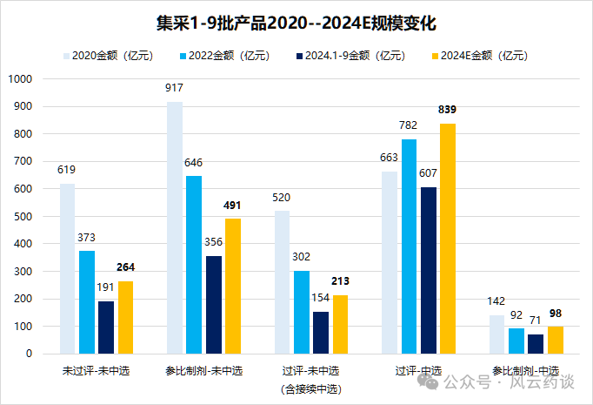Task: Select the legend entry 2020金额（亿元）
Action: [109, 56]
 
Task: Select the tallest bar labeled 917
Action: [175, 227]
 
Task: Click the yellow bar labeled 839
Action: [448, 239]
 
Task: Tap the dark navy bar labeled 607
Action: [428, 270]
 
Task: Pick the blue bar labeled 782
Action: [409, 246]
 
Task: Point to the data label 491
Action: [233, 206]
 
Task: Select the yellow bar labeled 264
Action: [127, 317]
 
